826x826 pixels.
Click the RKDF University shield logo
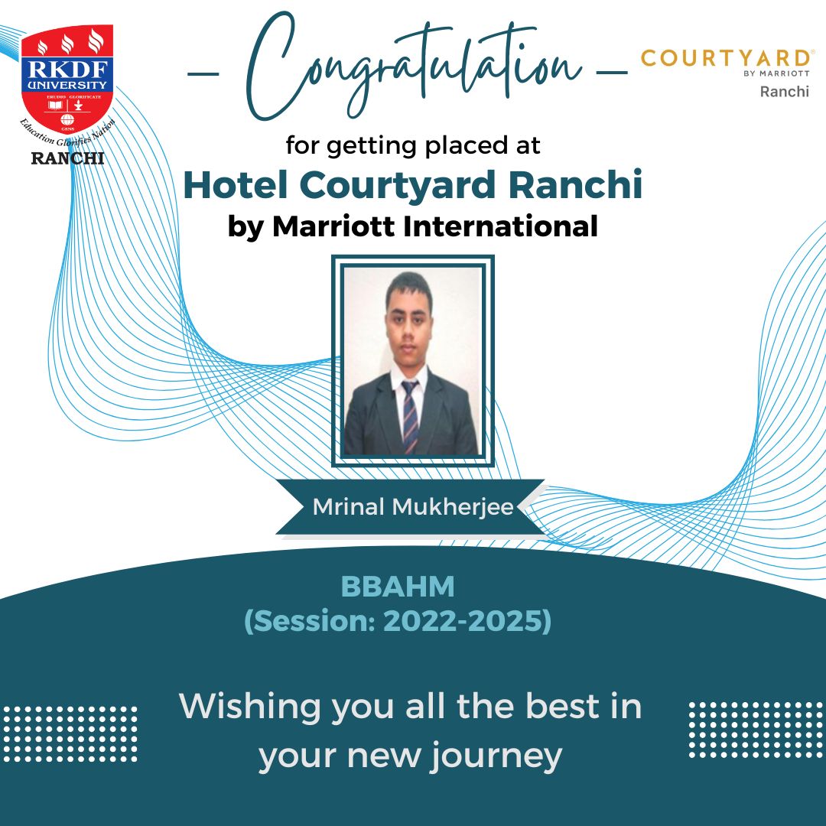(x=67, y=79)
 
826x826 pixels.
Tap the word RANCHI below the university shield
(x=67, y=158)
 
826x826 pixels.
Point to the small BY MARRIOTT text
(x=776, y=73)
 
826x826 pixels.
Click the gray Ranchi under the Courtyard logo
(x=785, y=92)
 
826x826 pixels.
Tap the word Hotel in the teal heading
(x=236, y=185)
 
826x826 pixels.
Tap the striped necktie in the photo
(x=411, y=416)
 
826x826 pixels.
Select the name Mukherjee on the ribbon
(x=453, y=507)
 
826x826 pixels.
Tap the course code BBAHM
(x=398, y=587)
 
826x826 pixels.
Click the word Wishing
(x=249, y=707)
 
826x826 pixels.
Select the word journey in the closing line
(x=496, y=757)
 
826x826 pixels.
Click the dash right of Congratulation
(x=612, y=72)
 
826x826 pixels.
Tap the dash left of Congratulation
(x=203, y=73)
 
